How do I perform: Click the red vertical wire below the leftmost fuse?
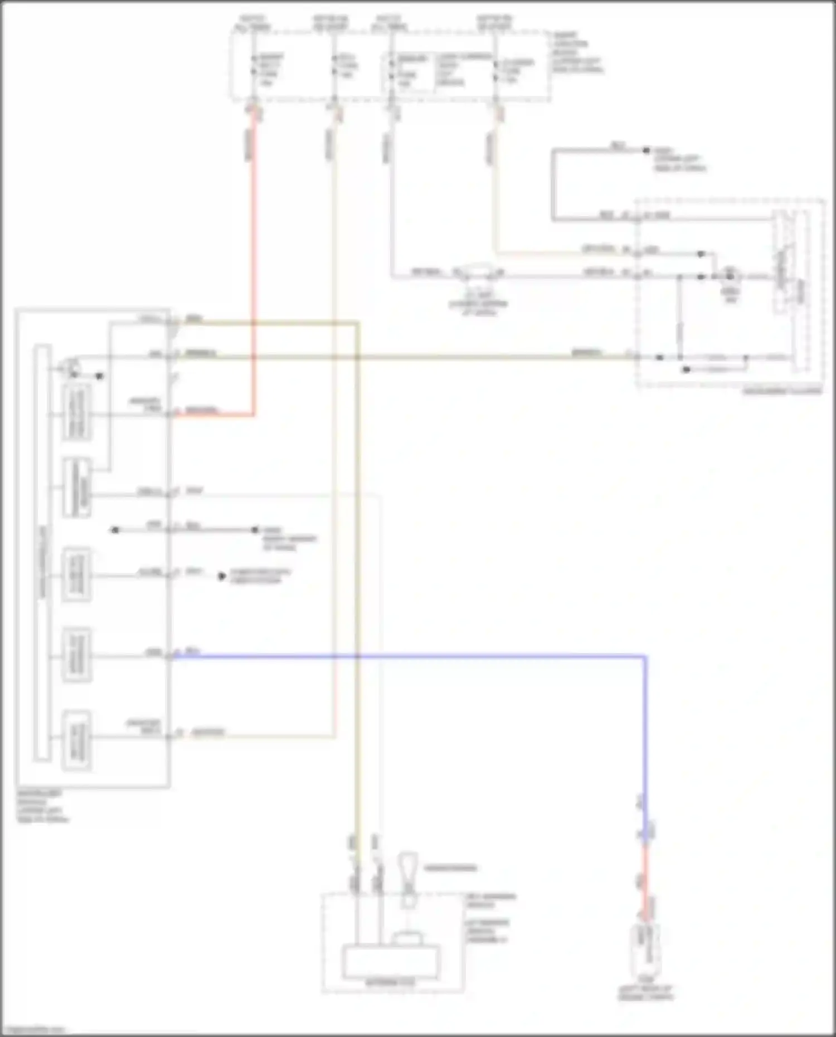pyautogui.click(x=254, y=251)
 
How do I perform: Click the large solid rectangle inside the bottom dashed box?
pyautogui.click(x=390, y=961)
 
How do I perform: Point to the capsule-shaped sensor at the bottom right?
pyautogui.click(x=646, y=947)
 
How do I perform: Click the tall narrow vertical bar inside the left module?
pyautogui.click(x=42, y=552)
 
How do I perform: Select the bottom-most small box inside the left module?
pyautogui.click(x=77, y=741)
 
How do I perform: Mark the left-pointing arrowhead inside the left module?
pyautogui.click(x=114, y=529)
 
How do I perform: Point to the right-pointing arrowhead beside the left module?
pyautogui.click(x=222, y=576)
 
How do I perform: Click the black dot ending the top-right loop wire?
pyautogui.click(x=647, y=150)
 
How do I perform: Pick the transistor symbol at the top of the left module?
pyautogui.click(x=71, y=368)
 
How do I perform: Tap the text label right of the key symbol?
pyautogui.click(x=450, y=868)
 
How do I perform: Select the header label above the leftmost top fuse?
pyautogui.click(x=254, y=22)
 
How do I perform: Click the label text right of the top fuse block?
pyautogui.click(x=577, y=52)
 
